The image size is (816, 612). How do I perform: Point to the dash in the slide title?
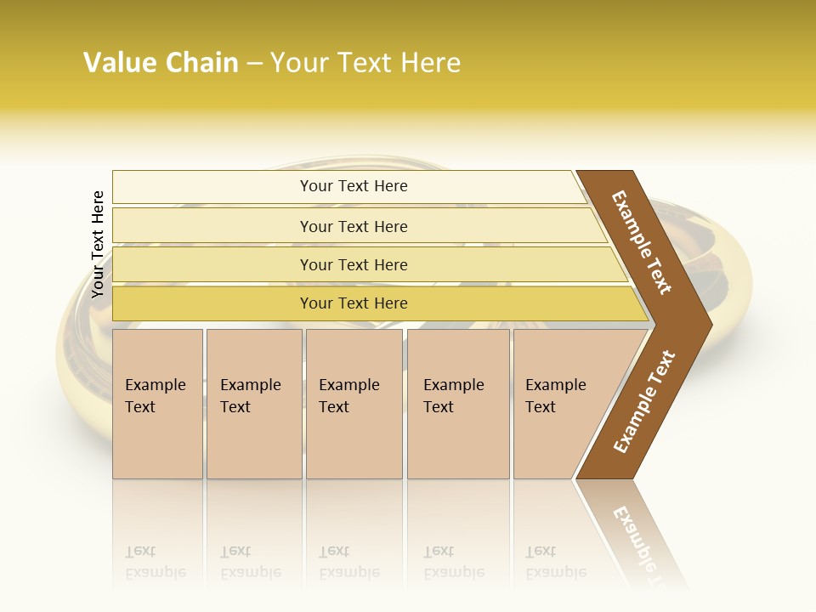(x=254, y=64)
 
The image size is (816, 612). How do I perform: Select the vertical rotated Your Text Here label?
(x=98, y=244)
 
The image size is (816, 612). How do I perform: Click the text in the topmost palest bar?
(x=354, y=186)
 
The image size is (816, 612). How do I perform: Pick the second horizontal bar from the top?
(x=354, y=226)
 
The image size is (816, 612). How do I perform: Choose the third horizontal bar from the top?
(x=354, y=264)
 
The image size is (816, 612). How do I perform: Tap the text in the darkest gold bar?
(x=354, y=303)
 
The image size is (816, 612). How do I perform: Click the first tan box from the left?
(x=157, y=404)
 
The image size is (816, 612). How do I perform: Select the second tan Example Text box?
(x=253, y=404)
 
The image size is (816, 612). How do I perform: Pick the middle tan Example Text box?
(x=354, y=404)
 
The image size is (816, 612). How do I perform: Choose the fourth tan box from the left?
(x=458, y=404)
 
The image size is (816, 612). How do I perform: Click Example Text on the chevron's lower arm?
(x=644, y=402)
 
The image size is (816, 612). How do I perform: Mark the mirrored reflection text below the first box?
(x=156, y=563)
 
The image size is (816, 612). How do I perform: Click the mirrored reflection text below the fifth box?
(x=556, y=563)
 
